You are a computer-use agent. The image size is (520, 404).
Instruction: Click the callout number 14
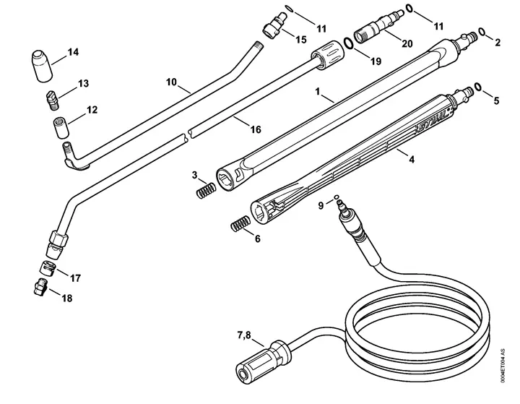[x=73, y=52]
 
